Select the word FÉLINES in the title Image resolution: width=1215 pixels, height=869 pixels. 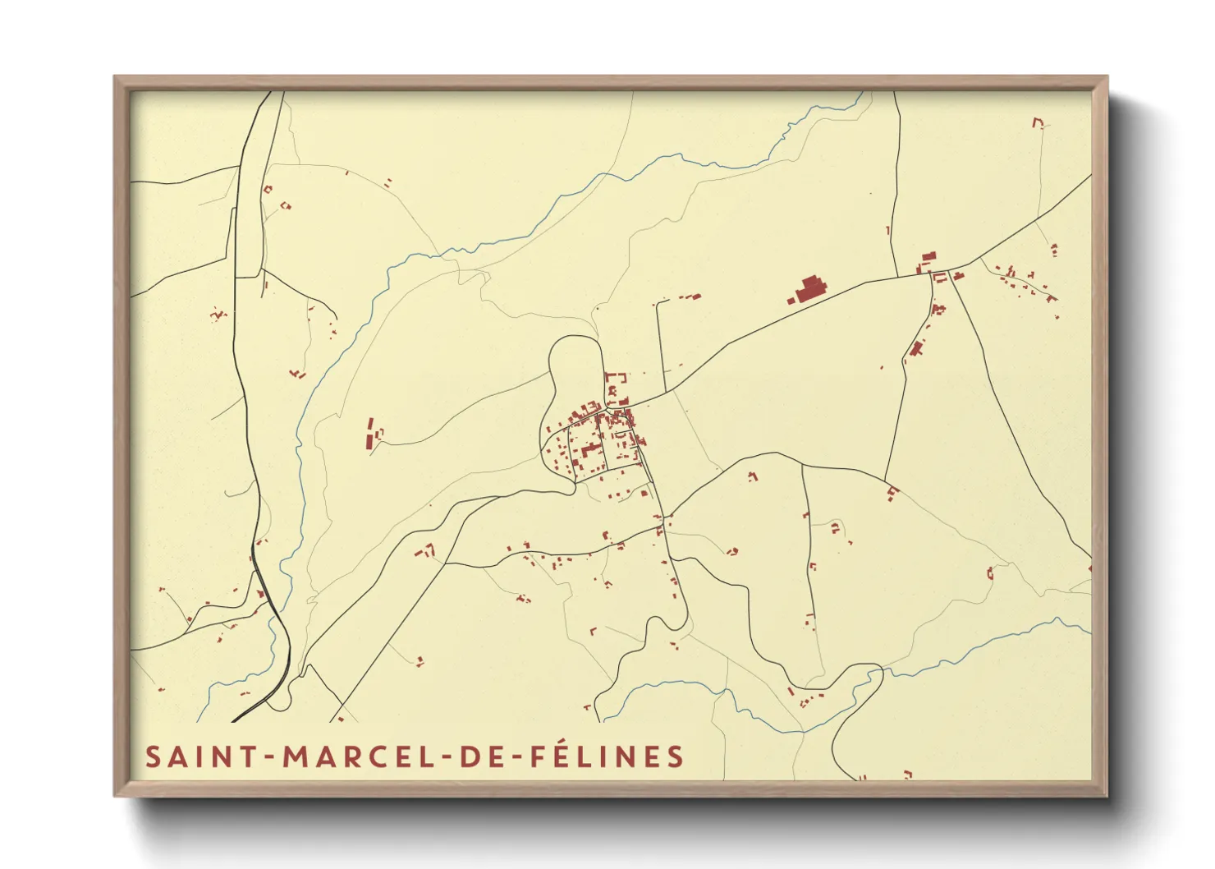(607, 756)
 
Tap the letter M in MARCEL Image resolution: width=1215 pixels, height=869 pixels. (296, 756)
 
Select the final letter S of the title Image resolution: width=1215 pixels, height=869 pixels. (676, 756)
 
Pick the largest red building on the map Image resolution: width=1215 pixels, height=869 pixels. (809, 290)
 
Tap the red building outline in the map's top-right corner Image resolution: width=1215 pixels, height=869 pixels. (1038, 122)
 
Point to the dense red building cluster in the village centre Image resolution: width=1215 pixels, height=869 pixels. (603, 435)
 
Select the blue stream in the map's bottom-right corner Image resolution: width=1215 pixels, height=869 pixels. (985, 649)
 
